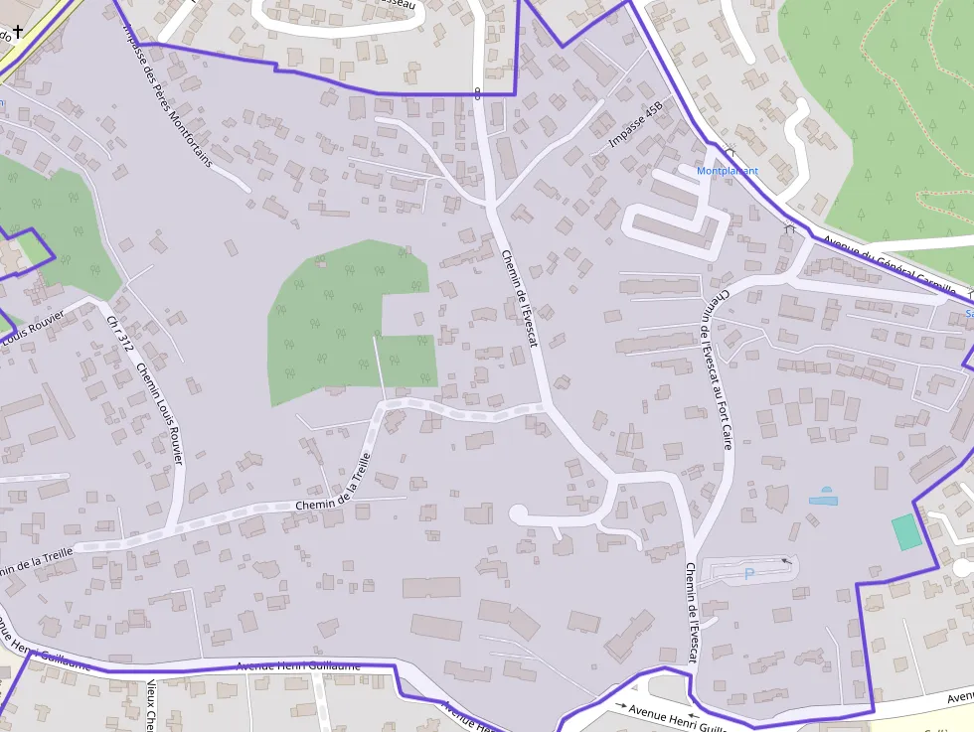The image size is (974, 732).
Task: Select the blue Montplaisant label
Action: point(728,171)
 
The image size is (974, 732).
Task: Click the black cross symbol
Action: point(17,31)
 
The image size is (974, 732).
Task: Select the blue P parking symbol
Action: point(749,573)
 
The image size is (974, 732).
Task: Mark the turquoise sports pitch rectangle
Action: point(905,532)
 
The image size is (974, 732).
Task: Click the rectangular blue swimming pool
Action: point(823,501)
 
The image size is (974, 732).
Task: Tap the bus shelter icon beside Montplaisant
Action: point(730,150)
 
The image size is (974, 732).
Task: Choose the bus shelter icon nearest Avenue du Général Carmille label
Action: point(790,229)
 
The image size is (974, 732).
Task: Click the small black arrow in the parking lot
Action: point(787,561)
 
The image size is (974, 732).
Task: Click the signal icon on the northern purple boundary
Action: point(478,94)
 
